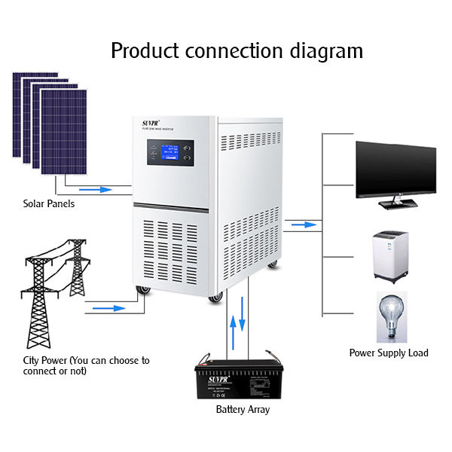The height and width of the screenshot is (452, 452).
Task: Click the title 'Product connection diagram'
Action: (x=237, y=51)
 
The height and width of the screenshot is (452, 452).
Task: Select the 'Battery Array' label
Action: (x=243, y=410)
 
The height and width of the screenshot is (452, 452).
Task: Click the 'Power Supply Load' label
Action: (x=388, y=353)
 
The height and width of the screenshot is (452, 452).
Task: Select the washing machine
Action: (x=391, y=257)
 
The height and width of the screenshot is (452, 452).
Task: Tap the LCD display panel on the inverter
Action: (x=170, y=151)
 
